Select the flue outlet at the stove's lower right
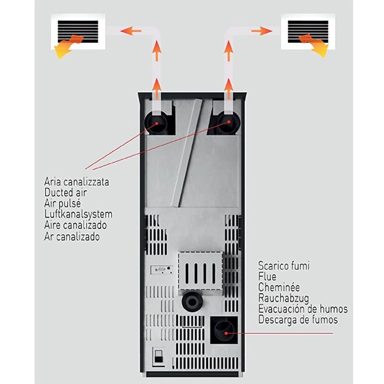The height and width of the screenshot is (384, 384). (224, 329)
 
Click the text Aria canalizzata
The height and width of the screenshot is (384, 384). (76, 182)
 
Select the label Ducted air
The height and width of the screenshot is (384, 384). (69, 193)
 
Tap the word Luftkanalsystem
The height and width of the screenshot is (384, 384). (78, 215)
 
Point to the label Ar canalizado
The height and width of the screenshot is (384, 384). (72, 237)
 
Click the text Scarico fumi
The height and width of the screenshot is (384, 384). (284, 266)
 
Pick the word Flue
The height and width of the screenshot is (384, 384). (267, 277)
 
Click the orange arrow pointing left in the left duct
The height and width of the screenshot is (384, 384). (127, 31)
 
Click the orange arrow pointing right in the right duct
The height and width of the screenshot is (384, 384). (261, 31)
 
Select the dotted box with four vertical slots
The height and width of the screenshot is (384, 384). (201, 273)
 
